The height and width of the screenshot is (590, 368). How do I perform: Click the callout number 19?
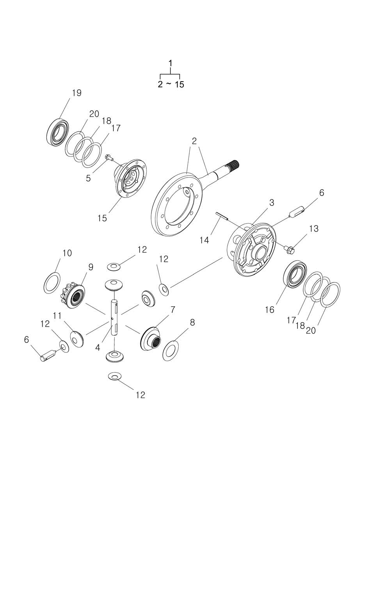pos(76,93)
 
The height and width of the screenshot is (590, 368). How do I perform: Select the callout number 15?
pos(102,218)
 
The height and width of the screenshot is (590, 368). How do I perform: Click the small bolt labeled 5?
pos(108,158)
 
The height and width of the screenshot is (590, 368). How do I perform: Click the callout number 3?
pos(272,203)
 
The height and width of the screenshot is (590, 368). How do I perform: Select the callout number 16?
pos(270,310)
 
